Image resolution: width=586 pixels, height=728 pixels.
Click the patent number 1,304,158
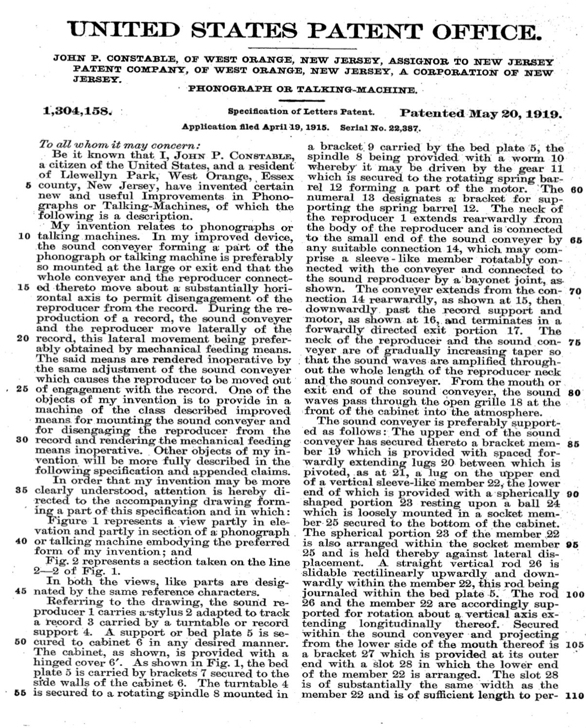click(78, 112)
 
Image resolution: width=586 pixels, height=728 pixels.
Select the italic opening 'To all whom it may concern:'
click(120, 146)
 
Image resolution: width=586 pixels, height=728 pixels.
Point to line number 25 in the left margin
click(24, 390)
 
